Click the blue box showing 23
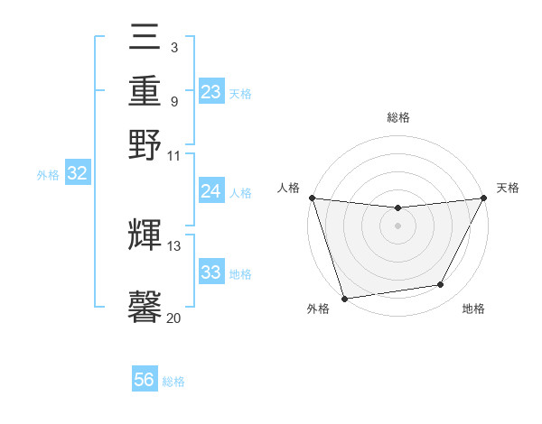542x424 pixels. [211, 92]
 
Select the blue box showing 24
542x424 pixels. [211, 191]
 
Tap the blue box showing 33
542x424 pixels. [211, 272]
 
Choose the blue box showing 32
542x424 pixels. [78, 174]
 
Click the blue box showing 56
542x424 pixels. [145, 380]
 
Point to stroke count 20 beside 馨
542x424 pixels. [173, 318]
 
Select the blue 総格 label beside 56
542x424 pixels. [173, 382]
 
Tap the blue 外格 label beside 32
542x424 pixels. [48, 176]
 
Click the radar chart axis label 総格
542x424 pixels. [397, 117]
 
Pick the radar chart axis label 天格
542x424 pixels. [508, 188]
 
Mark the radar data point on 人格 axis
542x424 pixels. [312, 198]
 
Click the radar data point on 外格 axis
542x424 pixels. [344, 298]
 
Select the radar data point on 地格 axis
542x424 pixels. [441, 285]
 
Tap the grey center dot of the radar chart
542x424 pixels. [397, 226]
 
